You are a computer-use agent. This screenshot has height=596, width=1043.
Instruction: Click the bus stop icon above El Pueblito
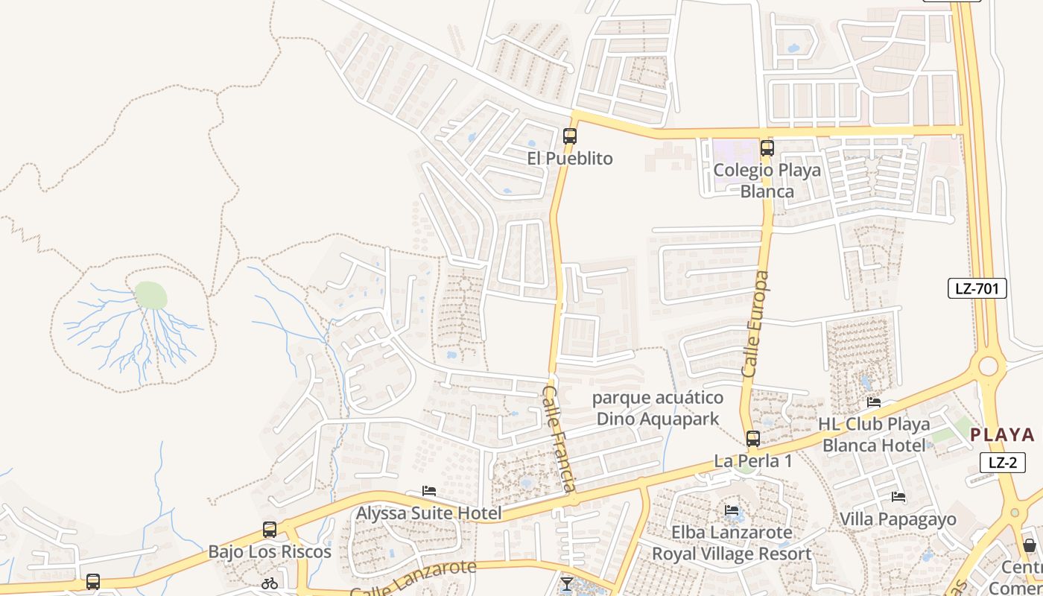pyautogui.click(x=570, y=136)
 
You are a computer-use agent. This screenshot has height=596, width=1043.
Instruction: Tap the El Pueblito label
pyautogui.click(x=570, y=159)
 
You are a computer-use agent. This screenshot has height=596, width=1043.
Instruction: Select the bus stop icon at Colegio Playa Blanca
pyautogui.click(x=767, y=148)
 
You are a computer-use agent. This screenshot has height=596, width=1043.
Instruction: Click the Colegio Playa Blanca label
pyautogui.click(x=767, y=180)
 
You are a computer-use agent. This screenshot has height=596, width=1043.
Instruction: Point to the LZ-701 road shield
pyautogui.click(x=977, y=288)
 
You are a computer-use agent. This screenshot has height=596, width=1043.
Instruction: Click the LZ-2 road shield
pyautogui.click(x=1003, y=462)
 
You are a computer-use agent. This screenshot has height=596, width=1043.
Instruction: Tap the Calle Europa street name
pyautogui.click(x=755, y=323)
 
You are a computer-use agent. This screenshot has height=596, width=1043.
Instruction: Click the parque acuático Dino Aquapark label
pyautogui.click(x=658, y=408)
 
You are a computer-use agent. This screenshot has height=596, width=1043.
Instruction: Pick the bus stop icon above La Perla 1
pyautogui.click(x=753, y=439)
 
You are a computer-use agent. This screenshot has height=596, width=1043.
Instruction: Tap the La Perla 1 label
pyautogui.click(x=753, y=461)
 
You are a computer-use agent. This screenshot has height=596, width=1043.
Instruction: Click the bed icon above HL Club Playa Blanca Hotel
pyautogui.click(x=874, y=402)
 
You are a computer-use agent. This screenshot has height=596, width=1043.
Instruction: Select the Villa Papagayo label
pyautogui.click(x=898, y=519)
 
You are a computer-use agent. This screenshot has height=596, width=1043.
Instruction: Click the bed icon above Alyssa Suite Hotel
pyautogui.click(x=429, y=491)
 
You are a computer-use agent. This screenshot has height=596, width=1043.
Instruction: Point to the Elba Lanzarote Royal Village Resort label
pyautogui.click(x=732, y=543)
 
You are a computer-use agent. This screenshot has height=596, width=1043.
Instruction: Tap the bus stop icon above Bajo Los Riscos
pyautogui.click(x=270, y=530)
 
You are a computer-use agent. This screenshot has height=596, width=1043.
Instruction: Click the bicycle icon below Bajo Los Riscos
pyautogui.click(x=270, y=583)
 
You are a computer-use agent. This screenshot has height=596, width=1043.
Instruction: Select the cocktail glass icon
pyautogui.click(x=567, y=583)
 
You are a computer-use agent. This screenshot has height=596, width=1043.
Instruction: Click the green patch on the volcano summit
pyautogui.click(x=150, y=296)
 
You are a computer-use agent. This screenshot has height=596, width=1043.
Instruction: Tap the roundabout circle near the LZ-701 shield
pyautogui.click(x=989, y=366)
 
